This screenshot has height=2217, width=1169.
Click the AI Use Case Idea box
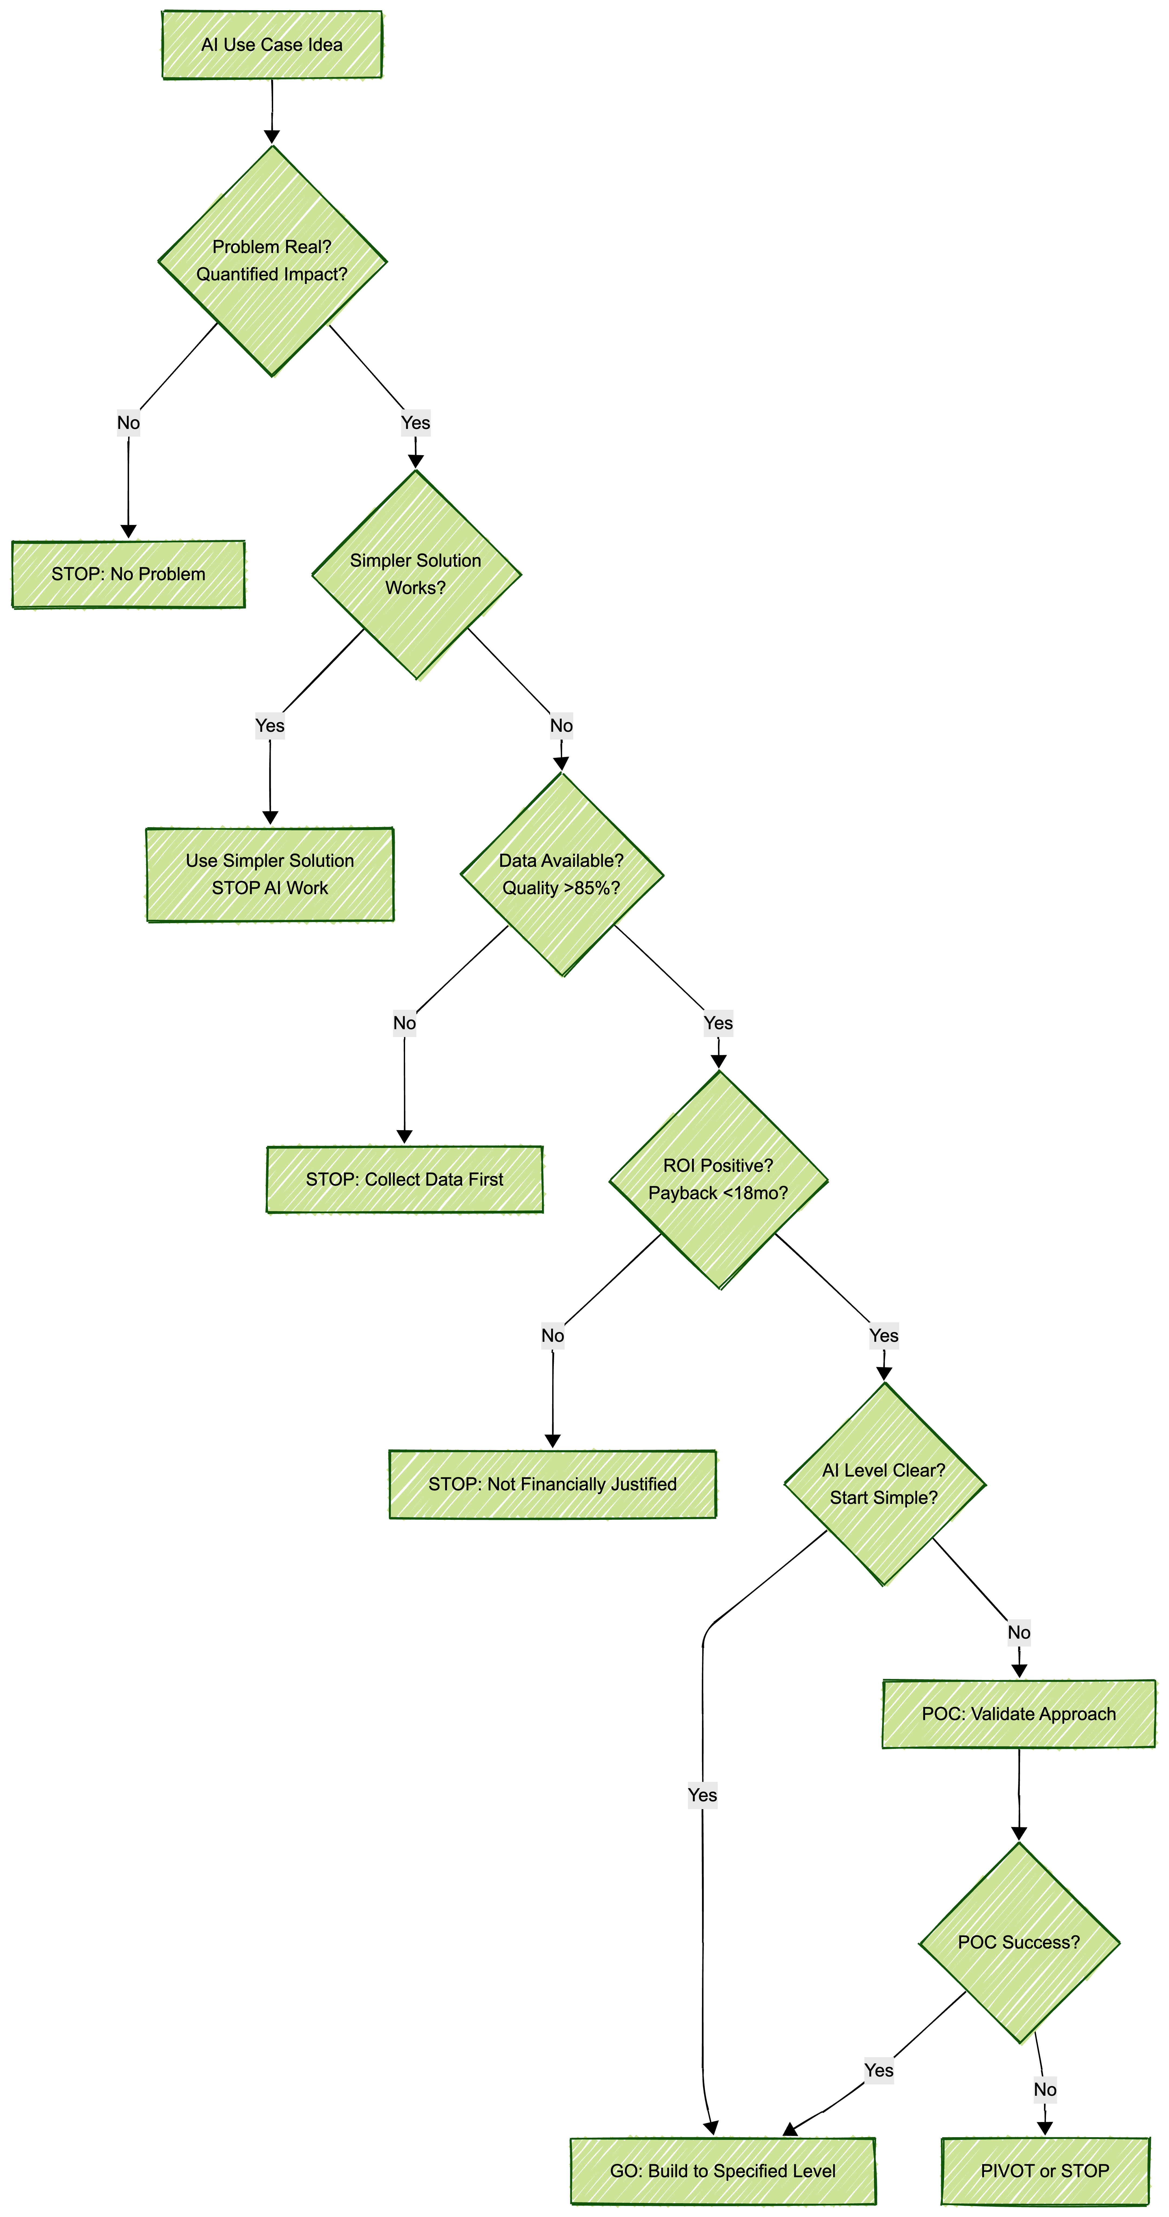pyautogui.click(x=272, y=45)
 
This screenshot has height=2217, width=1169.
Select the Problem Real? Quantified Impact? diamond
pyautogui.click(x=272, y=261)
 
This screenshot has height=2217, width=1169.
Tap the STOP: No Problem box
pyautogui.click(x=128, y=574)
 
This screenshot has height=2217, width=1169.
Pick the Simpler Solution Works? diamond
pyautogui.click(x=415, y=574)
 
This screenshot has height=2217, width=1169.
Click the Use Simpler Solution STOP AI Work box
pyautogui.click(x=270, y=874)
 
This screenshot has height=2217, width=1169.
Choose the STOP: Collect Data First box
pyautogui.click(x=404, y=1179)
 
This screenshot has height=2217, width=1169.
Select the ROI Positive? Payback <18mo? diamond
pyautogui.click(x=718, y=1179)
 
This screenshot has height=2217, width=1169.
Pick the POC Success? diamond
pyautogui.click(x=1018, y=1943)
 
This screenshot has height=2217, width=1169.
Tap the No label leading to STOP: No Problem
pyautogui.click(x=128, y=422)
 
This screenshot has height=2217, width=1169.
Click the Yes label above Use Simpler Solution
pyautogui.click(x=270, y=726)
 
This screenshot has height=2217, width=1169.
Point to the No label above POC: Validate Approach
pyautogui.click(x=1018, y=1633)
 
